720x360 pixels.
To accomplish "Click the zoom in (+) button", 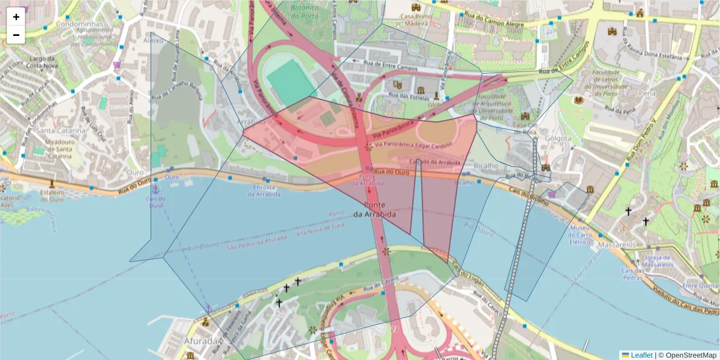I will (16, 17).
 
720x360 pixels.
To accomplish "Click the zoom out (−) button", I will (16, 35).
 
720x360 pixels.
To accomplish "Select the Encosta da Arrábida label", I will (263, 190).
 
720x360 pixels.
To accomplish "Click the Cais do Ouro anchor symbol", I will (154, 189).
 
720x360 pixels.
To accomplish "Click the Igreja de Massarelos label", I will (658, 261).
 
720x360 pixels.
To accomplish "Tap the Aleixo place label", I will (154, 40).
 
